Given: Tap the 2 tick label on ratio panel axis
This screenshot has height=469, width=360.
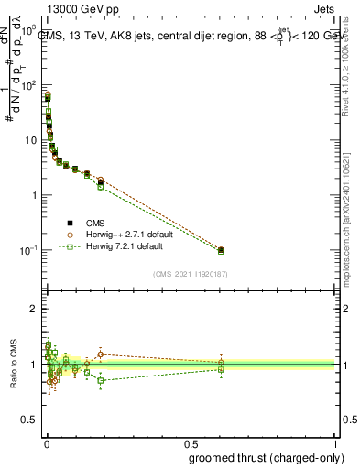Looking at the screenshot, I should coord(35,309).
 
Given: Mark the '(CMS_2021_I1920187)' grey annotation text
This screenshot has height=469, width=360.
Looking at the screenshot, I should coord(190,274).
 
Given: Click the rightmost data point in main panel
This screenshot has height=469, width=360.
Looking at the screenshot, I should coord(221,249).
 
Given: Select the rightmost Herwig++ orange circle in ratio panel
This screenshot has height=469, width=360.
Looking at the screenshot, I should coord(221,363).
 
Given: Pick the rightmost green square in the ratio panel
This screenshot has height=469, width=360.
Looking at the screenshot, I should coord(221,369).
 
